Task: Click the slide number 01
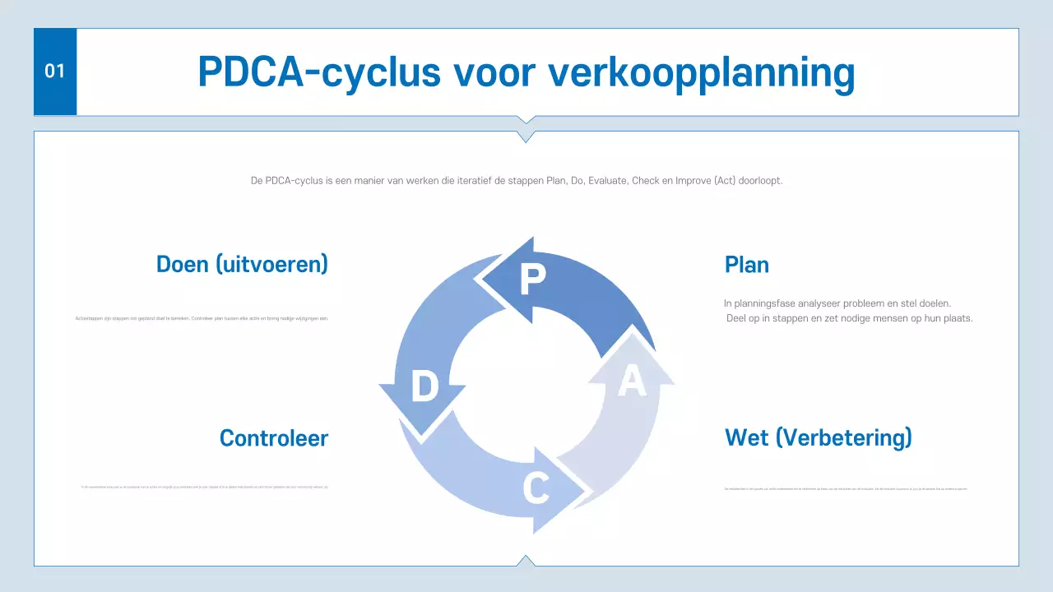pos(54,72)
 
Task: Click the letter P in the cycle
pos(532,280)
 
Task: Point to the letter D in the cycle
pos(424,386)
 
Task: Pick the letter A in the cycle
pos(631,382)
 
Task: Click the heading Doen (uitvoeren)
pos(242,264)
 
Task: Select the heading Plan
pos(747,265)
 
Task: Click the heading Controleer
pos(273,438)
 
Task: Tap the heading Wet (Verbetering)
pos(818,437)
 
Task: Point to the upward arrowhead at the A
pos(632,354)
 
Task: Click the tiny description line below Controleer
pos(205,488)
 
